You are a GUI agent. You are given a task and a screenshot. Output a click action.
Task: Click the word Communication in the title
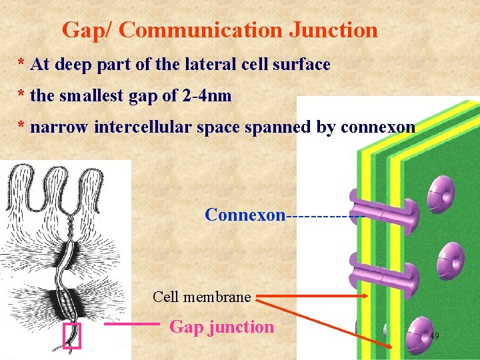tap(200, 30)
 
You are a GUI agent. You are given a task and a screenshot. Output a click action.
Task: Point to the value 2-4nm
tap(207, 96)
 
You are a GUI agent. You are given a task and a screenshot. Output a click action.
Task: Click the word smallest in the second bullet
tap(91, 96)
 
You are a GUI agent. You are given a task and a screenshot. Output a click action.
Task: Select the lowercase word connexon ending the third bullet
tap(377, 127)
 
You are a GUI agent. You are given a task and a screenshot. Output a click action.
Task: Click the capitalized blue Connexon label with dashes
tap(245, 215)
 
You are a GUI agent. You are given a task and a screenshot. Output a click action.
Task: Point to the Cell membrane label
tap(201, 297)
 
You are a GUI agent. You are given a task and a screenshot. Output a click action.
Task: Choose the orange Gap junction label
tap(222, 327)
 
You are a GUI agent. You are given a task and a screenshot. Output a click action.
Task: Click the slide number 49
tap(434, 336)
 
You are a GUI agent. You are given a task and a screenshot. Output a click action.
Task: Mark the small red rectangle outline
tap(71, 336)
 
